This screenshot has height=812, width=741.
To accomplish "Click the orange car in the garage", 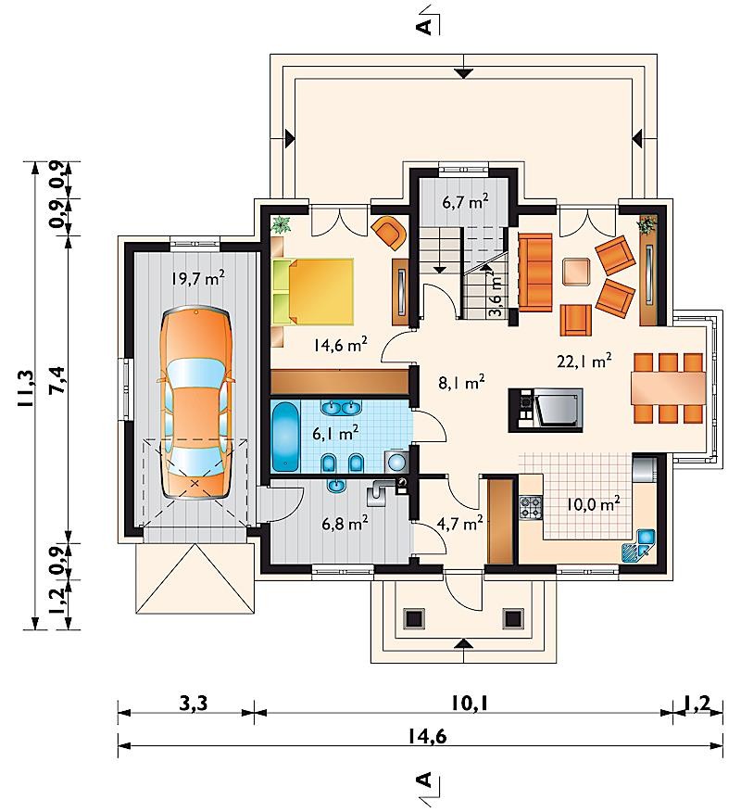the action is [195, 403].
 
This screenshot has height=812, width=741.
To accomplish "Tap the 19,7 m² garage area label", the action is [198, 279].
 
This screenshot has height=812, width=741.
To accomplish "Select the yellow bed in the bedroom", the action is [312, 292].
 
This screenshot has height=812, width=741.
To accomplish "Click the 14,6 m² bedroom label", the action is [340, 345].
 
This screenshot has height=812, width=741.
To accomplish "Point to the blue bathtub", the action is [285, 437].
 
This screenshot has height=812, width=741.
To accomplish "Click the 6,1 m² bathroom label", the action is [336, 432].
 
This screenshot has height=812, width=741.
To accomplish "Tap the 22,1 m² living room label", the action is [584, 361].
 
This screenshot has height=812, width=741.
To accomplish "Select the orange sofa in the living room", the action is [535, 273].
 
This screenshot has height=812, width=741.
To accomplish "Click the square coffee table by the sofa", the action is [577, 272].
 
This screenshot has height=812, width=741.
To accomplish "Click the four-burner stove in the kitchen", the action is [531, 507].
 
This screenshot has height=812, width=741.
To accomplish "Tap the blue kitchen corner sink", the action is [638, 545].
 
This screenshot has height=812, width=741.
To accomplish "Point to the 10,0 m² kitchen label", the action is [593, 504].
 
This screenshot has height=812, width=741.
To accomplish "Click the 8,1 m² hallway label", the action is [461, 383].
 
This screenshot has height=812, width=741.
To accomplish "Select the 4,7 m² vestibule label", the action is [460, 524].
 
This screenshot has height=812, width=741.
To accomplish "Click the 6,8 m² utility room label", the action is [345, 524].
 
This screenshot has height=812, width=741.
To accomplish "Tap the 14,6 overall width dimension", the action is [427, 736].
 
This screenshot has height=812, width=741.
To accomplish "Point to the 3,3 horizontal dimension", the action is [193, 704].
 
